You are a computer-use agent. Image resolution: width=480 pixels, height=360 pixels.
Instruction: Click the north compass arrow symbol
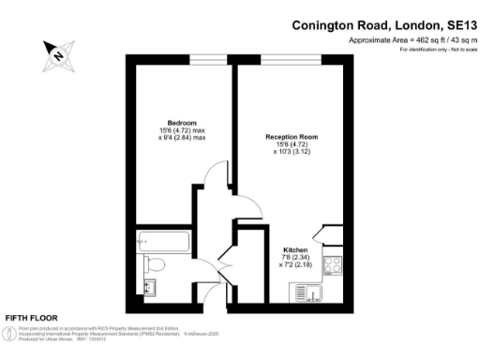pos(58,55)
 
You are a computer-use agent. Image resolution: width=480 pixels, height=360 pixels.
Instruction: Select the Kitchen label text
pos(297,250)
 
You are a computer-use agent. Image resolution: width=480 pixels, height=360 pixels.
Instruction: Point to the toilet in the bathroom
pos(155,264)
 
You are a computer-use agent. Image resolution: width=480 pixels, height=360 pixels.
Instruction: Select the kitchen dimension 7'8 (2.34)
pos(297,258)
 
